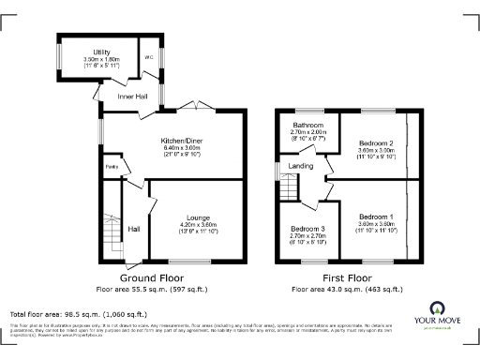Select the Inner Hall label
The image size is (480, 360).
(131, 96)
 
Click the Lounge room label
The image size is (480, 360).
(197, 217)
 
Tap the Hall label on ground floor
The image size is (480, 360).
(134, 229)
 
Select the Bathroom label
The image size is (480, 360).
(307, 126)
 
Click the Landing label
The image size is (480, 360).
(301, 166)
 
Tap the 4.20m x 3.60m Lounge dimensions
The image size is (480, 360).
(197, 226)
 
